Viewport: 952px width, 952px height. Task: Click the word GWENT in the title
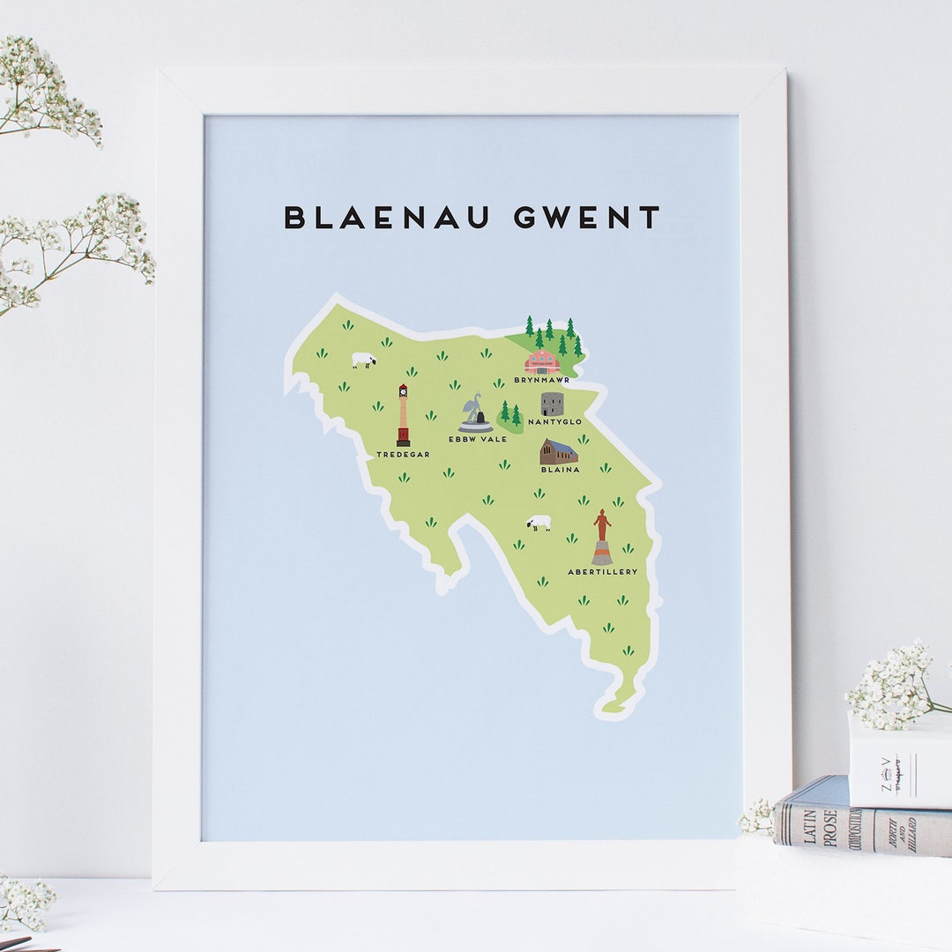click(x=587, y=217)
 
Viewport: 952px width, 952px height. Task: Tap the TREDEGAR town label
click(x=403, y=454)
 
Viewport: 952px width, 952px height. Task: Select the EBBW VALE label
click(x=477, y=438)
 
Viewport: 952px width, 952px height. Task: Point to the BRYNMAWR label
click(x=542, y=380)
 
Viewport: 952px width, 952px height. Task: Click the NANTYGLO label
click(x=554, y=422)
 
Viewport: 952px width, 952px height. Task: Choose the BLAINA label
click(x=560, y=470)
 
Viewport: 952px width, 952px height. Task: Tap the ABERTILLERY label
click(x=602, y=571)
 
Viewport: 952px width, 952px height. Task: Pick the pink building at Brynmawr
click(x=542, y=361)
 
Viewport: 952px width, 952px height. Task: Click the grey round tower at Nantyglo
click(x=553, y=404)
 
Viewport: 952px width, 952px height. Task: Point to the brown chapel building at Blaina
click(x=559, y=451)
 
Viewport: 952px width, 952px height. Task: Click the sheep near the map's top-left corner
click(x=363, y=360)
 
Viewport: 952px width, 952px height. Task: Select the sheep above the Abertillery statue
click(x=539, y=523)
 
